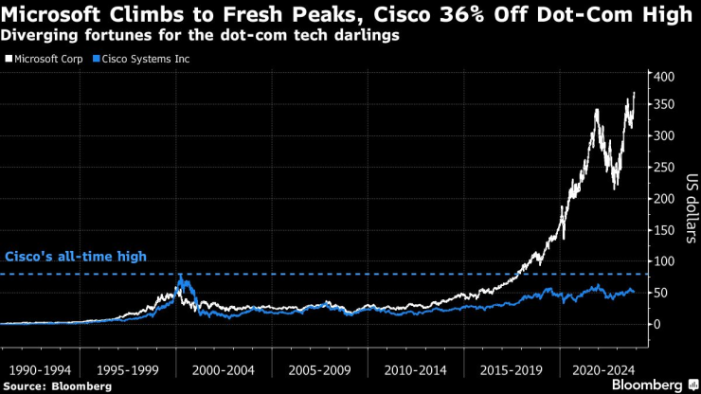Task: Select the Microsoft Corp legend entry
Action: coord(48,59)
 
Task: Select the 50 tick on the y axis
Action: coord(660,293)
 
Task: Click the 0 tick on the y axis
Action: coord(656,324)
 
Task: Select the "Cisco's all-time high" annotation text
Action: coord(76,257)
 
